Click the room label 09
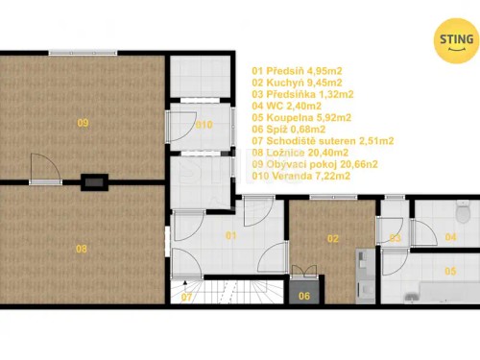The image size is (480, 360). point(83,123)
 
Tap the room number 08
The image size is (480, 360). point(83,250)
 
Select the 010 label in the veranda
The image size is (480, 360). point(204,125)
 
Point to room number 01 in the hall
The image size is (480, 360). point(230,234)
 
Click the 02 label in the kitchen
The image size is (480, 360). point(333,238)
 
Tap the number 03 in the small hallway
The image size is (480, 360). point(395,237)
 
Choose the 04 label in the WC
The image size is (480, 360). point(450,236)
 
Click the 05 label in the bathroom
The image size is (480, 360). point(450,272)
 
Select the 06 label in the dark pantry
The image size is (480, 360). point(304,295)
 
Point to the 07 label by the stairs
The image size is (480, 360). point(187,297)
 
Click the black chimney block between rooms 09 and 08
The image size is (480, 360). point(95,180)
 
